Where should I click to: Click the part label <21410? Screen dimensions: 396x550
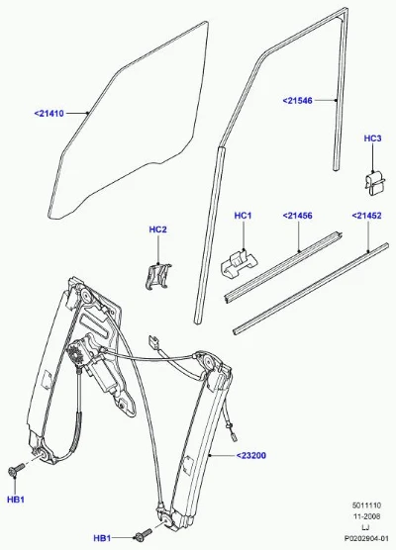49,114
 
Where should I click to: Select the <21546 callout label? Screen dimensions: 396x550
297,101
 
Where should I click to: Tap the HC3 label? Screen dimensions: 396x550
372,138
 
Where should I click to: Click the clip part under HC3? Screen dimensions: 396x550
374,183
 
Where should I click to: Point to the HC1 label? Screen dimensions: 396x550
243,216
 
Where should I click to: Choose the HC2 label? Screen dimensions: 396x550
158,229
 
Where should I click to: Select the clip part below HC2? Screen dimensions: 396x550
158,276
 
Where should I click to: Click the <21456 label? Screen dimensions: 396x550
297,216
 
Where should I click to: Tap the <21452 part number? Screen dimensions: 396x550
366,216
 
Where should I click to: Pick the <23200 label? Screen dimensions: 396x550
251,456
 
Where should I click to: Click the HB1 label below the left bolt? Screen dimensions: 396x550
16,500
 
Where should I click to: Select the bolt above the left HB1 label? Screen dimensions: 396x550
16,470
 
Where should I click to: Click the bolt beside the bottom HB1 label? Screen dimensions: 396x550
144,534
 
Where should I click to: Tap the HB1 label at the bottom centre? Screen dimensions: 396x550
103,538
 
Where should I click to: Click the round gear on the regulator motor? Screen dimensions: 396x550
75,354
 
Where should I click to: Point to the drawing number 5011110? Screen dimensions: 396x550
366,505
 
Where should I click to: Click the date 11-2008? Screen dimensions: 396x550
366,516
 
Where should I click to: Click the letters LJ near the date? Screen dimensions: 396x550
365,527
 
